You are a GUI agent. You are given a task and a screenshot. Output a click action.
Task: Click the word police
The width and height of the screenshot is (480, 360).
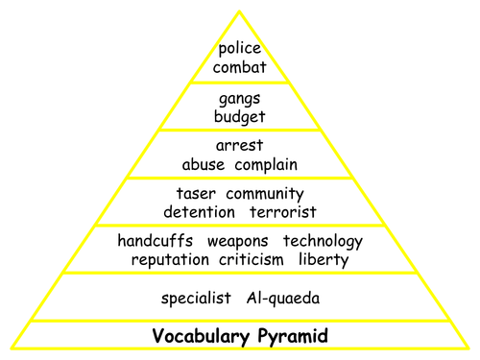pos(241,49)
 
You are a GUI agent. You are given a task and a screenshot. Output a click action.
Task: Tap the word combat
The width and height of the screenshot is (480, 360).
pos(241,68)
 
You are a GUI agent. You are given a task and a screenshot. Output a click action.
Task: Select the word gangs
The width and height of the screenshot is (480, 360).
pos(241,100)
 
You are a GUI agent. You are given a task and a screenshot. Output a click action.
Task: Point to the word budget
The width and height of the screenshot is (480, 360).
pos(241,118)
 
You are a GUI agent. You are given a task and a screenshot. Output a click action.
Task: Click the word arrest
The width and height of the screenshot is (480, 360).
pos(241,146)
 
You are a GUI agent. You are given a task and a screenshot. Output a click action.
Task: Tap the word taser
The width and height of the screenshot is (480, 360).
pos(196,193)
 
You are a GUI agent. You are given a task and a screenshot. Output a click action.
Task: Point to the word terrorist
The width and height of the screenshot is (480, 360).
pos(283,211)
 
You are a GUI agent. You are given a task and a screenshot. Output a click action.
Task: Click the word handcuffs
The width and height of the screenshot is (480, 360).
pos(154,240)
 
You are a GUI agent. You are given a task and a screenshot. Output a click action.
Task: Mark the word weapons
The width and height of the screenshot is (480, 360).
pos(237,241)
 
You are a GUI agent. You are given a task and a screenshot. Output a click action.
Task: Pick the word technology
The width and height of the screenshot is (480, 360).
pos(324,241)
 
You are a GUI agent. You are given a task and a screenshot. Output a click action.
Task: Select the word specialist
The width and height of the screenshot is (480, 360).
pos(196,299)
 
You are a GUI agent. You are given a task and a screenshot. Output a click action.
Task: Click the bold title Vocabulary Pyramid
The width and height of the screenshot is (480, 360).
pos(240,336)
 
